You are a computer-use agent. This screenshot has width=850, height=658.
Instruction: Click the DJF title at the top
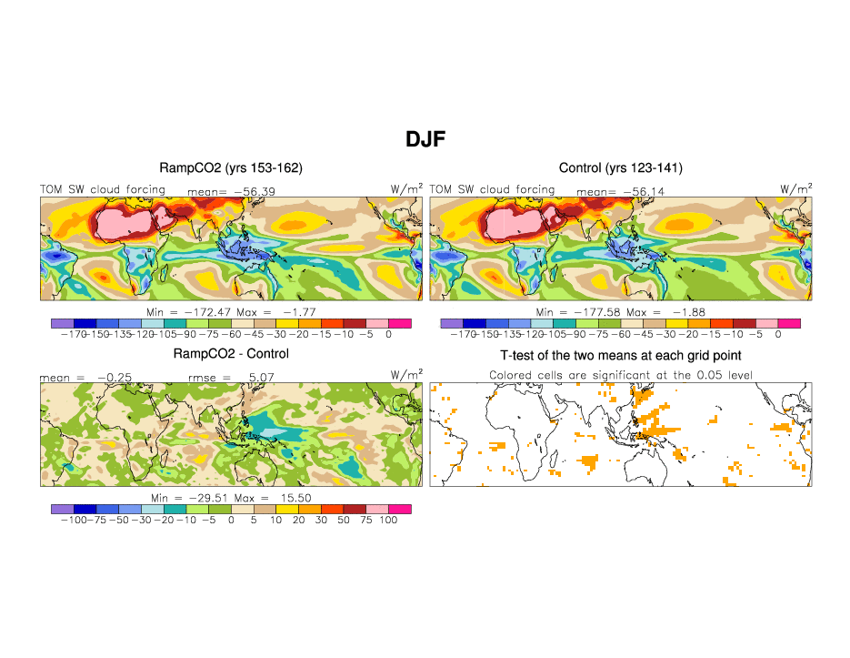[425, 138]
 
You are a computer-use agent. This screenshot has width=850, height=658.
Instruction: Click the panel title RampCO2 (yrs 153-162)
[231, 168]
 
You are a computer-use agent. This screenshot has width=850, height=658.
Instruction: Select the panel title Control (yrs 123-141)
[620, 168]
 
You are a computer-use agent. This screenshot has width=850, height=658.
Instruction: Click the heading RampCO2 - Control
[231, 354]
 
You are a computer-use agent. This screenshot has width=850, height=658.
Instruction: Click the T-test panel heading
[621, 354]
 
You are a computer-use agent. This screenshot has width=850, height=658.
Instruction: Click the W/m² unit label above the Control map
[796, 188]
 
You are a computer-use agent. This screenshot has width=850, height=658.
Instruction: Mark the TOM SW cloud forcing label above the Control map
[491, 189]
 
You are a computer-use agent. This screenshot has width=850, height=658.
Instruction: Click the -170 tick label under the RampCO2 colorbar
[64, 334]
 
